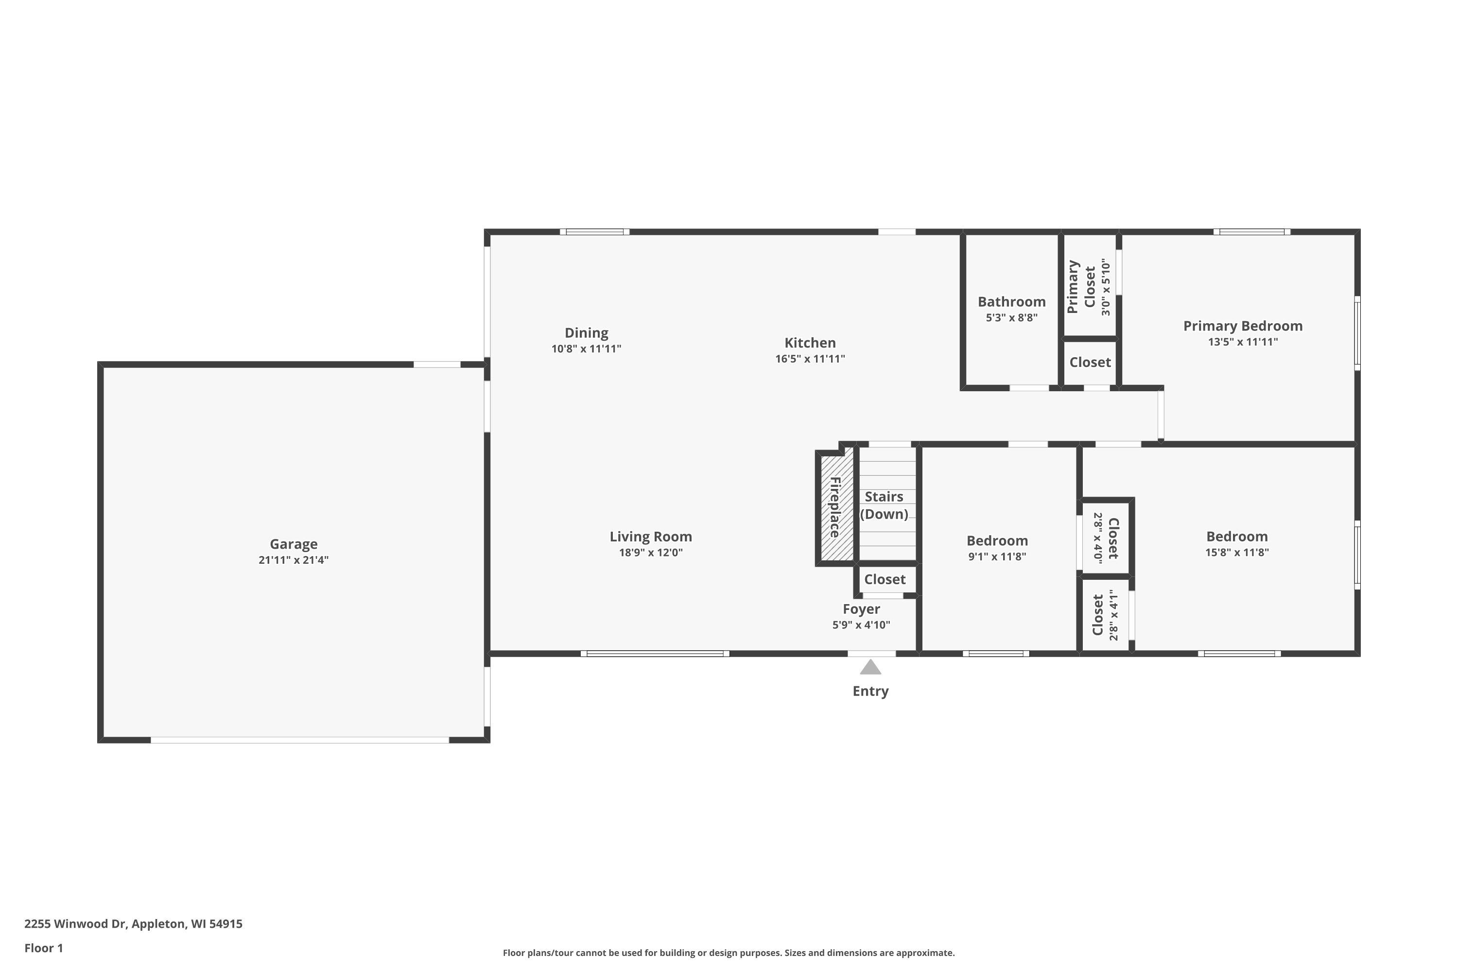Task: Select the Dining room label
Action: coord(587,333)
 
